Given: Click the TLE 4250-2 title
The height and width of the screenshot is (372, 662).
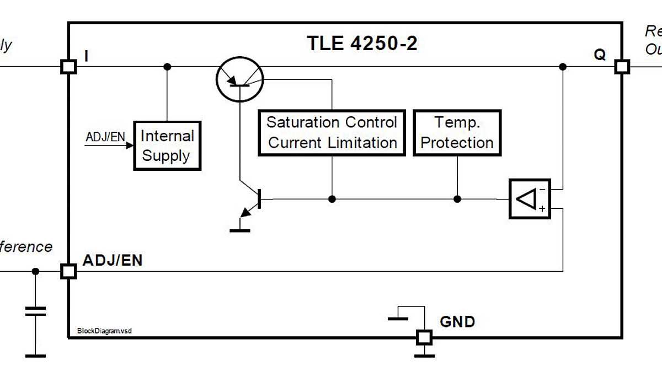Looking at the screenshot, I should coord(362,43).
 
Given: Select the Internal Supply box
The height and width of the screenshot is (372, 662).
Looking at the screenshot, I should coord(167,145).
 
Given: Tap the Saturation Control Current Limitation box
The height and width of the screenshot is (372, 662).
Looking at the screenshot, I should coord(332,133).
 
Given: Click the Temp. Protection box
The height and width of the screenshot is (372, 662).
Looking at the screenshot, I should coord(457,133).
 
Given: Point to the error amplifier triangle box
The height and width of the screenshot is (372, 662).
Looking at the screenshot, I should coord(529,199).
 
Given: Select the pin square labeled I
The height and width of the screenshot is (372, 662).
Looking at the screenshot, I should coord(68,67).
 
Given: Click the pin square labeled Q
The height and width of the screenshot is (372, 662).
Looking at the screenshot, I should coord(622,67).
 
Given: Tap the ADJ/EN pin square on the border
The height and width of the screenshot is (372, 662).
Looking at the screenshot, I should coord(68,271).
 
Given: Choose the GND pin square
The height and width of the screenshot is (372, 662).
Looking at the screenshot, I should coord(424,336).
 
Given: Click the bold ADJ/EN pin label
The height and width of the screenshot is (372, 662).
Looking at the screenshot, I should coord(112,260).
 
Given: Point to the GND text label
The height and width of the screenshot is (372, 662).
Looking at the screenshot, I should coord(457,321).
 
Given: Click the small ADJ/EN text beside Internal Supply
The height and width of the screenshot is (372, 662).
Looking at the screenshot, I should coord(105,137).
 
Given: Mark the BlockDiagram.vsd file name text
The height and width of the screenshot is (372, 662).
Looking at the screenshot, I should coord(100,331).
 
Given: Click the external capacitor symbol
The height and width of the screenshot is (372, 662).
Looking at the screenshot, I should coord(35,311).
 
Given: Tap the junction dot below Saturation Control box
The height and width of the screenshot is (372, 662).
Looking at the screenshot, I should coord(332,199).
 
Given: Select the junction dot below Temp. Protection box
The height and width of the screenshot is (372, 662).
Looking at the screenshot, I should coord(457,199).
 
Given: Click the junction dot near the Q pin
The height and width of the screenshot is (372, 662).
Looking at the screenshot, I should coord(562,67).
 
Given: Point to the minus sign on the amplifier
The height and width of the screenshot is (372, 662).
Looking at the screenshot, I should coord(542,189).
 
